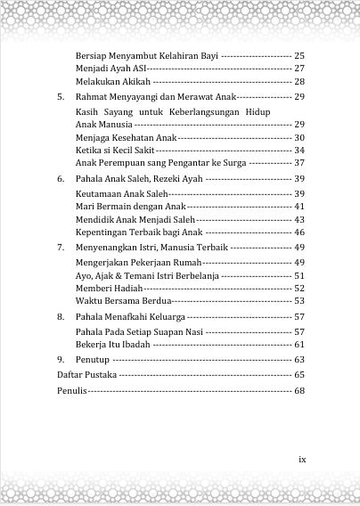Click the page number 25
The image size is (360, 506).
[299, 55]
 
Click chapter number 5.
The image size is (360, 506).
[61, 96]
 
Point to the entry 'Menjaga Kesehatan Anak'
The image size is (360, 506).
[126, 138]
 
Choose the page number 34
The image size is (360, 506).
[299, 151]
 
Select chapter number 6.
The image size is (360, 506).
[61, 179]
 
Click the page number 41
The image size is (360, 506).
[299, 207]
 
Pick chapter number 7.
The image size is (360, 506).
[61, 246]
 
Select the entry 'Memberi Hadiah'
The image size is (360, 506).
[108, 288]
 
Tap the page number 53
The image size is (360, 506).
[299, 301]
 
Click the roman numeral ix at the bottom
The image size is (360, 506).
[301, 460]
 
